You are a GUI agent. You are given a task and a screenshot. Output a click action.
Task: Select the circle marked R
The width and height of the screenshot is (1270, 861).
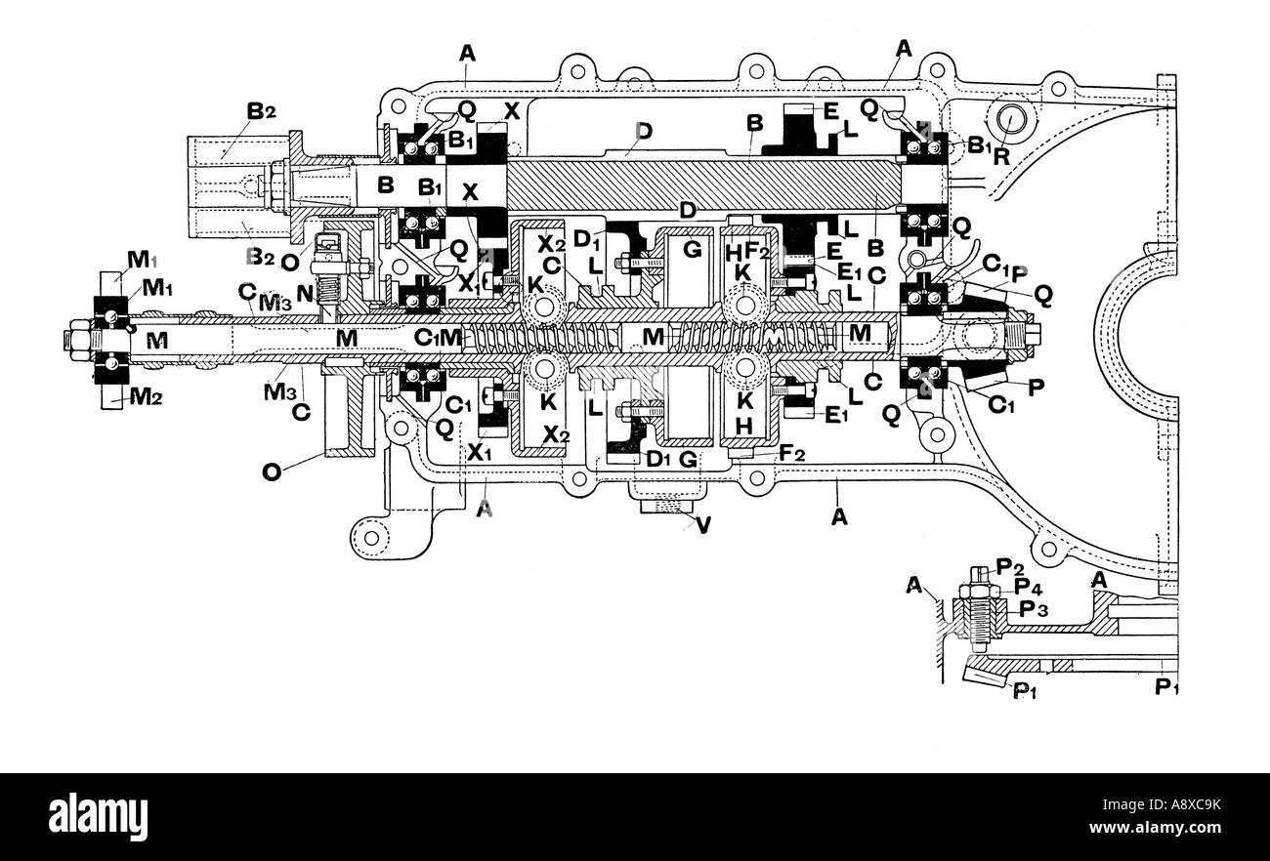1012,121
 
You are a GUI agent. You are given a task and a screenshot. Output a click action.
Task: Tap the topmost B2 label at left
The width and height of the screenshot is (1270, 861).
260,112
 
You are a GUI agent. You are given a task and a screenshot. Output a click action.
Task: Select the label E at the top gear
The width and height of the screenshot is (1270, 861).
830,111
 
